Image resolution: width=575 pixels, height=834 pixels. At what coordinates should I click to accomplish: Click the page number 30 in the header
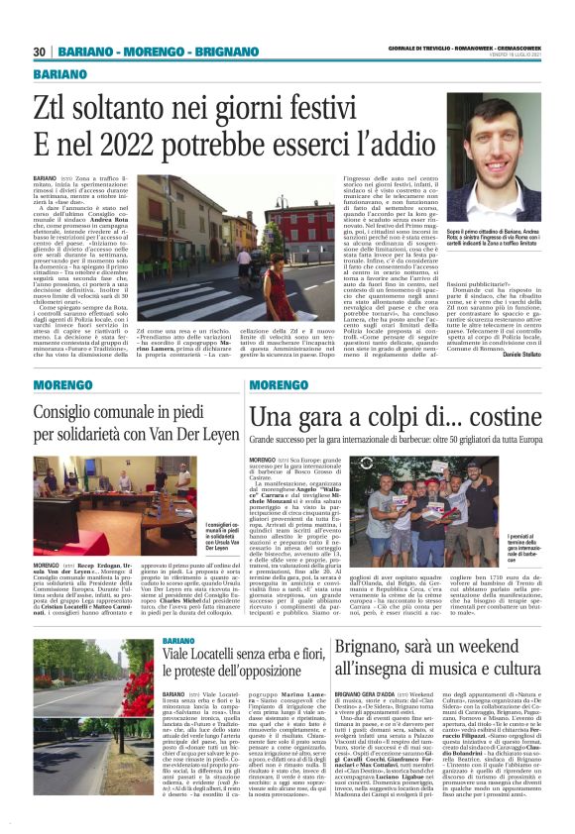click(40, 52)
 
